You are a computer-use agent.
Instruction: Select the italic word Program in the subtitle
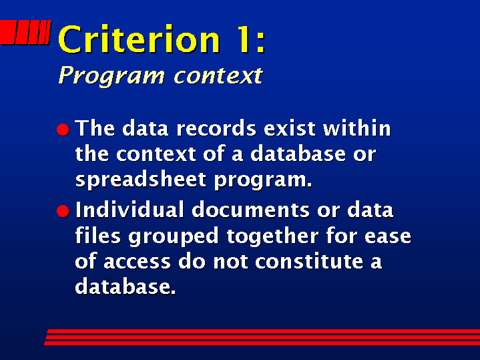point(111,75)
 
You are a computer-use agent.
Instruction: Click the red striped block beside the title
point(25,32)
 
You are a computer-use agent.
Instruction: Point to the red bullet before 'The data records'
point(63,130)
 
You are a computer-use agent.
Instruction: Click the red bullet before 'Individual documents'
point(63,211)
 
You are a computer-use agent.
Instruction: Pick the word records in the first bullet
point(216,128)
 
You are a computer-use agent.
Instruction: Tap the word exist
point(290,128)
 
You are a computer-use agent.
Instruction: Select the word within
point(357,128)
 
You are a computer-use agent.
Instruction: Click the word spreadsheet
point(141,180)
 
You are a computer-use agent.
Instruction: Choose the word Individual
point(130,210)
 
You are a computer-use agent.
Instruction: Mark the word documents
point(251,210)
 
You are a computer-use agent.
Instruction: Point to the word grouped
point(174,236)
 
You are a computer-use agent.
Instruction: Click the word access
point(137,262)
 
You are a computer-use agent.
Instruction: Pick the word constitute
point(309,261)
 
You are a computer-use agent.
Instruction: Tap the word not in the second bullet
point(230,262)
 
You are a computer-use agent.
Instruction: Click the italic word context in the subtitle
point(218,75)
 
